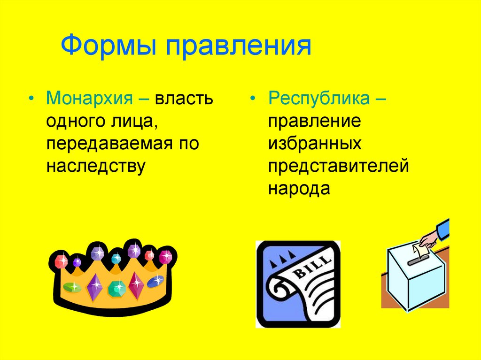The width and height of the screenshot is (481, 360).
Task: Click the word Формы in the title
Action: [x=109, y=46]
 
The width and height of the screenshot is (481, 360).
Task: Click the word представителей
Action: [x=339, y=166]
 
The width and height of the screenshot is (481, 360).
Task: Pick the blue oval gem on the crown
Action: [x=155, y=281]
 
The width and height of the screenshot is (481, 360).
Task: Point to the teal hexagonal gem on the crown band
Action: [x=116, y=287]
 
